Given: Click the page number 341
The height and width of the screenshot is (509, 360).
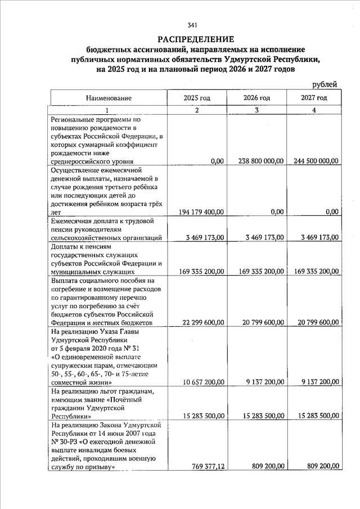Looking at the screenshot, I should pyautogui.click(x=192, y=25).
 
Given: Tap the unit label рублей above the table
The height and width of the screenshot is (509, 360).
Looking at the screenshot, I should pyautogui.click(x=325, y=84).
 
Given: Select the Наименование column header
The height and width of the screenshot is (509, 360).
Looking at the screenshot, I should pyautogui.click(x=109, y=98).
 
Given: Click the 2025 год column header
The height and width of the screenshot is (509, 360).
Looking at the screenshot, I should pyautogui.click(x=197, y=98).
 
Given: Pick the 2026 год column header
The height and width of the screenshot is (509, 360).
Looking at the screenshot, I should pyautogui.click(x=256, y=98).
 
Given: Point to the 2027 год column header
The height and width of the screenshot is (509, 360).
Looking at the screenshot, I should pyautogui.click(x=314, y=98).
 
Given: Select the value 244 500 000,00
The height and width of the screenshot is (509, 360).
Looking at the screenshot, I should pyautogui.click(x=316, y=161).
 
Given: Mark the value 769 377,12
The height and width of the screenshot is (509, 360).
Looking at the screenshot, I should pyautogui.click(x=207, y=466).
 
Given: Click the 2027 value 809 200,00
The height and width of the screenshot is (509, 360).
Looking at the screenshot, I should pyautogui.click(x=322, y=466).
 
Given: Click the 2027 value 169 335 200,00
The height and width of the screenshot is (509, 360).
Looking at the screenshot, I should pyautogui.click(x=316, y=272).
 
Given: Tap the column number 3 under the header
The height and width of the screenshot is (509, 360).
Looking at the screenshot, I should pyautogui.click(x=256, y=110).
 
